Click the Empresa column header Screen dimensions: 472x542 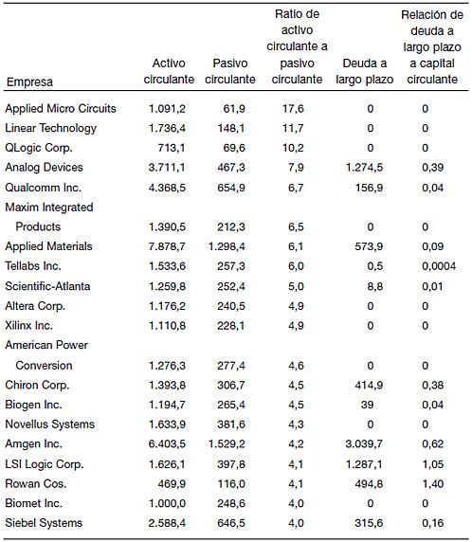[x=29, y=81]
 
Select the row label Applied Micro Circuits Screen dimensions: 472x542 [x=61, y=109]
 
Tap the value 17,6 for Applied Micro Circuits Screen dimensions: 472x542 [x=293, y=109]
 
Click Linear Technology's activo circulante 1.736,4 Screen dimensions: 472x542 [x=167, y=128]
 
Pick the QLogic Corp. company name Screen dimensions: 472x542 [x=39, y=148]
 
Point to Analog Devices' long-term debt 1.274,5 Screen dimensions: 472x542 [x=365, y=168]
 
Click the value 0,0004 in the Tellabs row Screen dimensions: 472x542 [x=439, y=266]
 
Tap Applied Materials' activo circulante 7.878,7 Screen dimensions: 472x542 [x=167, y=246]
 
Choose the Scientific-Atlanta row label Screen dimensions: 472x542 [x=47, y=286]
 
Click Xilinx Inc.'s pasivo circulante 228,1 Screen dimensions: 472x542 [x=231, y=326]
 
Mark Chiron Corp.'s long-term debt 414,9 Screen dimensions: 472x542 [x=369, y=385]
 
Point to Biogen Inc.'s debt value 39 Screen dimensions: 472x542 [x=367, y=405]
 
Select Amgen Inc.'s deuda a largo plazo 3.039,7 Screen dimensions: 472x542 [x=364, y=443]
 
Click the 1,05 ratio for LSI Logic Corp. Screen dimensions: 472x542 [x=433, y=464]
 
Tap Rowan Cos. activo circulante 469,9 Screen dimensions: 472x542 [x=172, y=484]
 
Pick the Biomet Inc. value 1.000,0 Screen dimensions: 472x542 [x=167, y=504]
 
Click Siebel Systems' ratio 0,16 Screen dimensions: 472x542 [x=433, y=523]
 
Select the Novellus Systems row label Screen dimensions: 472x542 [x=50, y=425]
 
